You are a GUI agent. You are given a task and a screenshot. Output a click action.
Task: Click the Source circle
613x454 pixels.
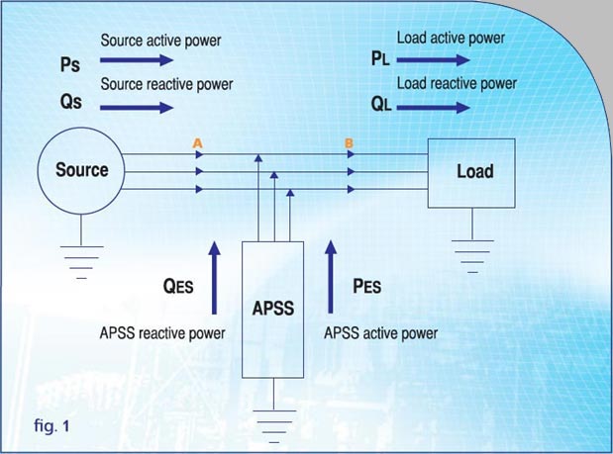click(81, 170)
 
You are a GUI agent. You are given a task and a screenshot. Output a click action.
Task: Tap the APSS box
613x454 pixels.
click(272, 308)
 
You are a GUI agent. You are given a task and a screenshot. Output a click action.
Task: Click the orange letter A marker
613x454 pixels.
click(198, 144)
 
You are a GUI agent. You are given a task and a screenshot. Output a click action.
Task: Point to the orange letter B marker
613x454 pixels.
click(349, 144)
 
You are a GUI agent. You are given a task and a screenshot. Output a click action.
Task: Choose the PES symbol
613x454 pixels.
click(366, 287)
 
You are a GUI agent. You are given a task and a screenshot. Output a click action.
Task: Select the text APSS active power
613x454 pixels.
click(380, 333)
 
